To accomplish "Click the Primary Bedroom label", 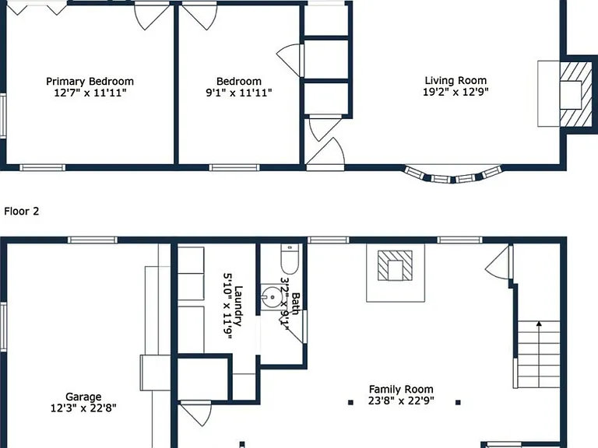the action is coord(90,82).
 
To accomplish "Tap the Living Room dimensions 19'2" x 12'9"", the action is coord(456,92).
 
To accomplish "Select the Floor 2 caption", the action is coord(21,211).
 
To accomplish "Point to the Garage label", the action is coord(83,397).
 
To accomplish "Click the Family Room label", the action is coord(401,390).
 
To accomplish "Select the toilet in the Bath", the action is coord(290,259).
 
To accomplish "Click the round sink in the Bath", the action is coord(273,297).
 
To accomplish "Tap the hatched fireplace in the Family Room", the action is coord(395,265).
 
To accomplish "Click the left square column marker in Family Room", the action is coord(351,402).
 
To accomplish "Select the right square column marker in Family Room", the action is coord(458,402).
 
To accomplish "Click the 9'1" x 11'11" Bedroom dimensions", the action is coord(239,93).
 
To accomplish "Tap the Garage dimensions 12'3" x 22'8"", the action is coord(83,408).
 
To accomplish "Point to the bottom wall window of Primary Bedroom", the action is coord(42,168).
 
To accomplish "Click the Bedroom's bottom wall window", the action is coord(234,168).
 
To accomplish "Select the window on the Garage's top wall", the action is coord(93,240).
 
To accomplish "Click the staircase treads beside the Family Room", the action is coord(538,355).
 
